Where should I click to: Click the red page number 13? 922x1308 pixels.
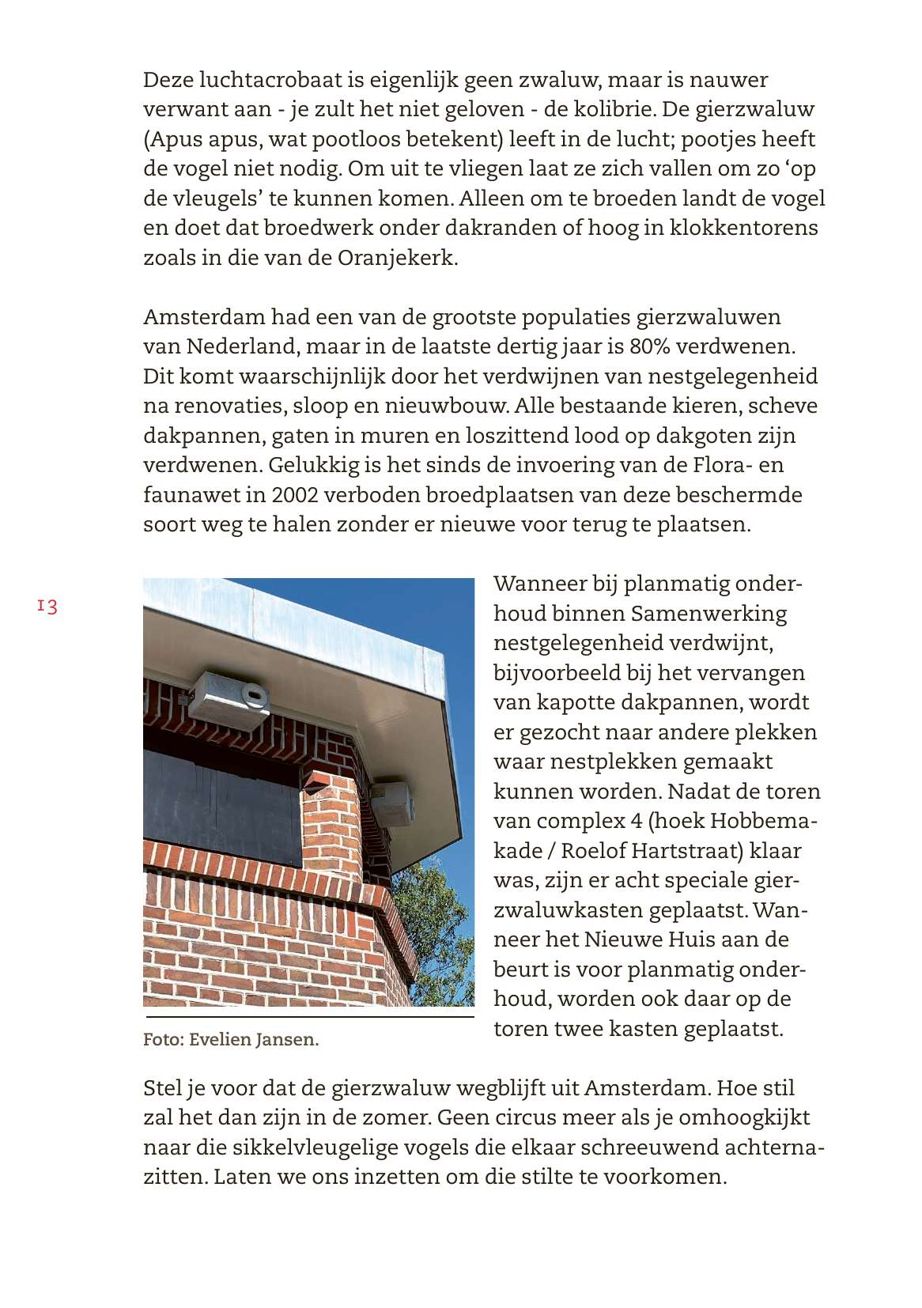[x=47, y=607]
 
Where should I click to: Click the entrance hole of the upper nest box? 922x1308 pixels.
[x=255, y=695]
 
